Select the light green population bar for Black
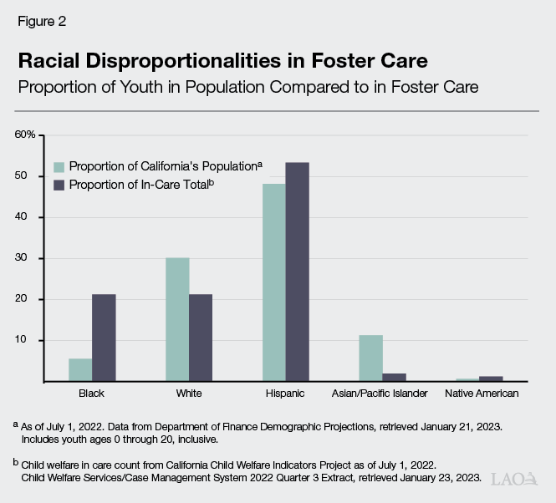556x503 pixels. [80, 369]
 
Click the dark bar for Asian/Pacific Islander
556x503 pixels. [394, 377]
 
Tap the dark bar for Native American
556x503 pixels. [491, 379]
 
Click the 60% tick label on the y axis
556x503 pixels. [25, 135]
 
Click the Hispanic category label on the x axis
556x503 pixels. [285, 393]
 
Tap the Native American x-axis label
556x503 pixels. [481, 393]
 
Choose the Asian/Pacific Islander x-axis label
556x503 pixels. [382, 393]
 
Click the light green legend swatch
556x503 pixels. [59, 165]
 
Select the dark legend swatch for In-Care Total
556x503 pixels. [59, 184]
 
